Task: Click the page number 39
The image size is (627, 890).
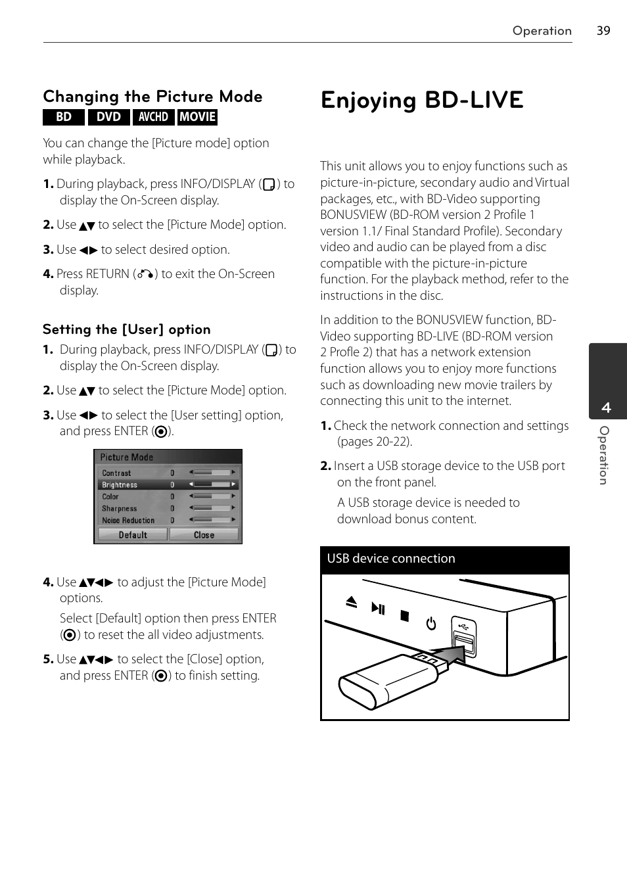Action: coord(603,30)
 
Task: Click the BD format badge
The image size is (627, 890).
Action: coord(64,117)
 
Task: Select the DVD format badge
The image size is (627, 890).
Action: coord(108,117)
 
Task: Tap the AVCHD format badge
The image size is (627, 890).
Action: coord(153,117)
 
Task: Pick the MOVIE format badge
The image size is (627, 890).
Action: coord(197,117)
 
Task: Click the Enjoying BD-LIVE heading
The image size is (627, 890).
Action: coord(422,100)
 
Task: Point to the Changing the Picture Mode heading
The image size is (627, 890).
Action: coord(152,97)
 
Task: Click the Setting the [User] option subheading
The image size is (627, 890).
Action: coord(127,329)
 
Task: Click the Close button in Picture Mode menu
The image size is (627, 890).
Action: coord(204,535)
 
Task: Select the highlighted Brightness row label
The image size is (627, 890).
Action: coord(120,485)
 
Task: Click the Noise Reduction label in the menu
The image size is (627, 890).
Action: coord(128,521)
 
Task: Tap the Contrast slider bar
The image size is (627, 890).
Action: coord(212,473)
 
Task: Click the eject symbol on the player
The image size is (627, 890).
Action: coord(351,601)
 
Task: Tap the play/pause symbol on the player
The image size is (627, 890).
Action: coord(378,608)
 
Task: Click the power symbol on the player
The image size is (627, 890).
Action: coord(431,623)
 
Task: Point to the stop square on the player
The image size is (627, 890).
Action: coord(405,616)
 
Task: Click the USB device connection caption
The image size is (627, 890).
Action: coord(391,559)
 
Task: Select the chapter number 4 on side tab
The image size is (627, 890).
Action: coord(606,408)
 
